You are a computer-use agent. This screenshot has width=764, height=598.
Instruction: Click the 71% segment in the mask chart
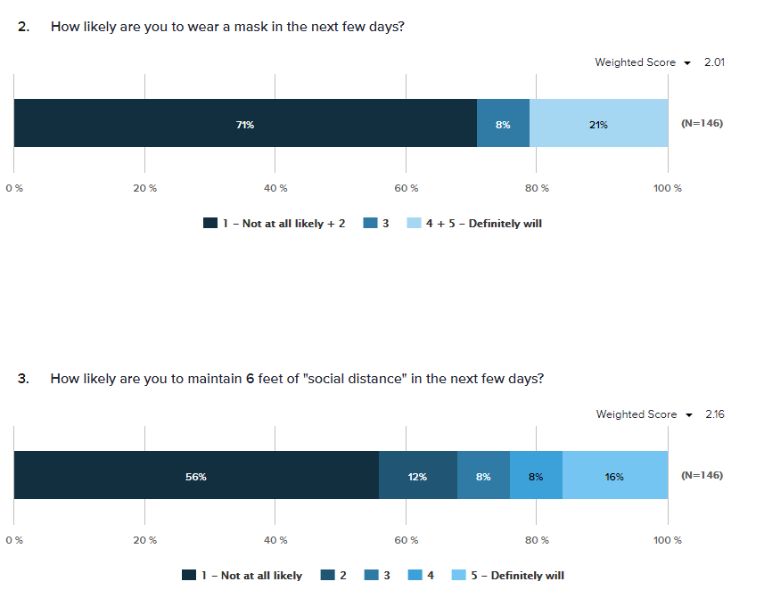point(245,124)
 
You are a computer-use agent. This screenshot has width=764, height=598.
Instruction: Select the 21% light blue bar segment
point(598,124)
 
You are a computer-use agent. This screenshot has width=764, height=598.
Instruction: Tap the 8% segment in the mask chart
point(503,124)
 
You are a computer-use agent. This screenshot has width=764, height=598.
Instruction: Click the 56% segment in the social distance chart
point(196,476)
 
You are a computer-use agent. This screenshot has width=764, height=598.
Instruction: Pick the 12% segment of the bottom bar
point(417,476)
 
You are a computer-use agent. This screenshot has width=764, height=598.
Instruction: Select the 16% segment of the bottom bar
point(614,476)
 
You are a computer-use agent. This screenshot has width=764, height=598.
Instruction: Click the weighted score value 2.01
point(714,62)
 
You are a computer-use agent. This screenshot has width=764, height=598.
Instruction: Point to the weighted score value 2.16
point(714,414)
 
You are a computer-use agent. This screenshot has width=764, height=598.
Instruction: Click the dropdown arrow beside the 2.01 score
point(687,63)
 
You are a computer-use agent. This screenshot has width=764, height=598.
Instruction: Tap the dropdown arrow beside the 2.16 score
point(687,415)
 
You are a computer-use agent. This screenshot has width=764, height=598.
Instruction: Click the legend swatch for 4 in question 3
point(415,576)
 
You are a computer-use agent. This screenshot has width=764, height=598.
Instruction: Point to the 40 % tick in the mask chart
point(275,188)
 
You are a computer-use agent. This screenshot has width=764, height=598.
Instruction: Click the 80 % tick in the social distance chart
point(537,540)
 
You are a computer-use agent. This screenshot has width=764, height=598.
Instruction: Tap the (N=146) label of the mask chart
point(702,124)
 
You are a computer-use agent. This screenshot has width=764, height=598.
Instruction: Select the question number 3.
point(23,379)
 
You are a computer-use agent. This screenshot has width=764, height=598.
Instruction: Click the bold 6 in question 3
point(251,379)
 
